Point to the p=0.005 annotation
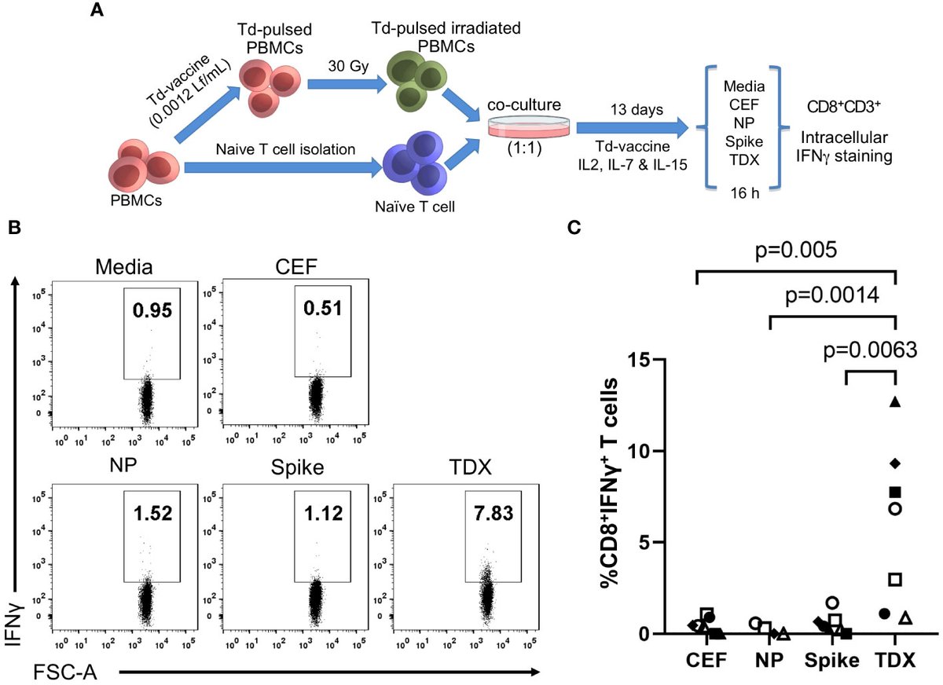point(795,252)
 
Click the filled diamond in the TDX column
point(894,461)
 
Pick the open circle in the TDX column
point(894,508)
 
